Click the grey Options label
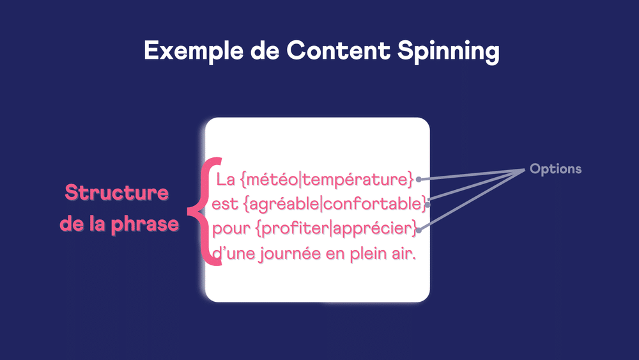(555, 169)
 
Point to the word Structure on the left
(117, 192)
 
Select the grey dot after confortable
(426, 205)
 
